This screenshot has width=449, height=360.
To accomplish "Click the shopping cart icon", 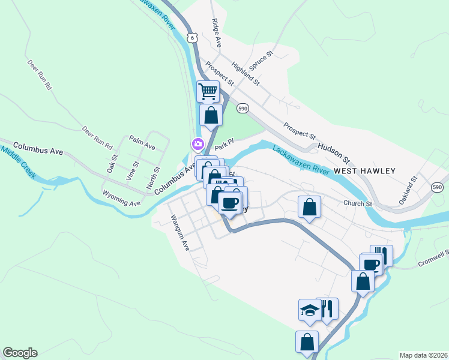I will [208, 92].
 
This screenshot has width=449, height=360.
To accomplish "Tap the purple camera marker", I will [196, 144].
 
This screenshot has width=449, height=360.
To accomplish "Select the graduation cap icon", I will [309, 310].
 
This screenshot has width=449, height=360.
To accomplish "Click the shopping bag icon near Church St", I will [309, 207].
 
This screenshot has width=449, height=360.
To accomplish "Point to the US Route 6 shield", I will [191, 37].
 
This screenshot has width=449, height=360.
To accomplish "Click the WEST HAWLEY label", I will [365, 171].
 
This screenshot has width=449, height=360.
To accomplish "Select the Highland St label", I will [246, 73].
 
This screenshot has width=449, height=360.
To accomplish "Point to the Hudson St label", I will [334, 152].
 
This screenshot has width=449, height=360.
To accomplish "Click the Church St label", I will [358, 203].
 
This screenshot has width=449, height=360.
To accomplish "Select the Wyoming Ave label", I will [122, 199].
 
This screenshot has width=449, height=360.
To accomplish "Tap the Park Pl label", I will [223, 145].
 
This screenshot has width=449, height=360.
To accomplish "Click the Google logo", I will [20, 353].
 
